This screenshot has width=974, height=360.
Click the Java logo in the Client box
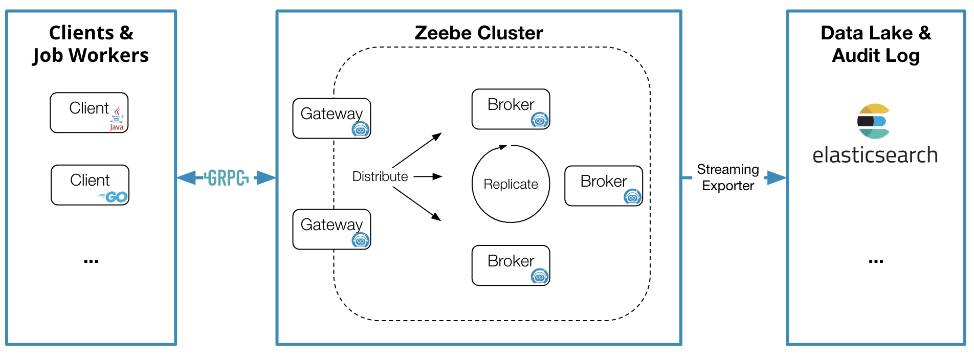coord(117,119)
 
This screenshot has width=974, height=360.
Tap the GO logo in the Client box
coord(114,197)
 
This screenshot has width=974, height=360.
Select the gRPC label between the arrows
coord(226,178)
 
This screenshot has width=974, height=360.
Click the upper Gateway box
coord(331,118)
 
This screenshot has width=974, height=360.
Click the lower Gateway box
coord(331,229)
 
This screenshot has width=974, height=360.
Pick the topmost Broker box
coord(510,109)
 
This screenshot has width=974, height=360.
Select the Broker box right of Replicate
coord(603,186)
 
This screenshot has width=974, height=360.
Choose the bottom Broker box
coord(510,265)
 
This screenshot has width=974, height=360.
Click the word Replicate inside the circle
coord(511,184)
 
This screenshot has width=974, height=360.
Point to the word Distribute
coord(380,176)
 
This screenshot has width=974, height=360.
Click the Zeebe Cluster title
coord(478,33)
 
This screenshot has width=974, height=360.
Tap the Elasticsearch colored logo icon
coord(874,121)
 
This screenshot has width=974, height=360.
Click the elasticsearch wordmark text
coord(875,155)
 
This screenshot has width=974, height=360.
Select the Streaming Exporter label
coord(727,177)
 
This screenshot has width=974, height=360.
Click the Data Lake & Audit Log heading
coord(875,44)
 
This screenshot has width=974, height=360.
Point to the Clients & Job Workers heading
coord(91,44)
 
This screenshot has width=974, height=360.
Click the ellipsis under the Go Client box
coord(91,261)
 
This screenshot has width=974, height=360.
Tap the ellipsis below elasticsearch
coord(875,261)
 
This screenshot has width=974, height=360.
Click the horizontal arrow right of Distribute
coord(428,176)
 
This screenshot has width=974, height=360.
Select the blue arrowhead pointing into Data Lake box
coord(776,178)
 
